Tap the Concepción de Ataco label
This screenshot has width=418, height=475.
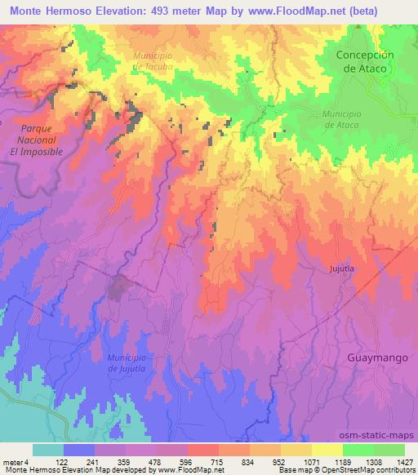[365, 62]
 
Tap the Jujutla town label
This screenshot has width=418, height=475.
[345, 268]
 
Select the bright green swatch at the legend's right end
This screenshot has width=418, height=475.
[389, 450]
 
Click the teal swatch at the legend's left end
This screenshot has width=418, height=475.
[47, 450]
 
